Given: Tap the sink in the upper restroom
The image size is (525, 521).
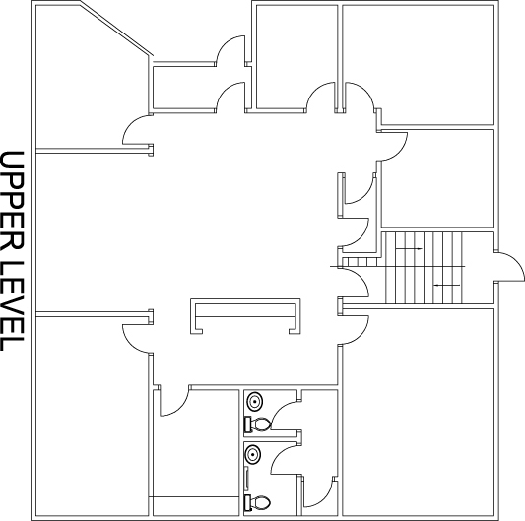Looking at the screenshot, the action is (x=255, y=401).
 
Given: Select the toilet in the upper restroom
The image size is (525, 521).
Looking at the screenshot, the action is (x=258, y=424).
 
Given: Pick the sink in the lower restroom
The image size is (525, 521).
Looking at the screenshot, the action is (x=253, y=454).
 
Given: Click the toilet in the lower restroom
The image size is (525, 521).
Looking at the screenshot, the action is (x=257, y=502).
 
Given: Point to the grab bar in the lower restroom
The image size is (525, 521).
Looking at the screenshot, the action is (x=247, y=479).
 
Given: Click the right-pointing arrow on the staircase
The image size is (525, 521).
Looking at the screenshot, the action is (x=409, y=249).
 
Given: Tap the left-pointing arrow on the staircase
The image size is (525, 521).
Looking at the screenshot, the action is (x=446, y=285).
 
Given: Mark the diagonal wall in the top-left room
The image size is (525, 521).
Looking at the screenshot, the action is (x=117, y=30).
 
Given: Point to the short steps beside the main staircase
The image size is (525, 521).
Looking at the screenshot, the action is (x=361, y=262).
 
